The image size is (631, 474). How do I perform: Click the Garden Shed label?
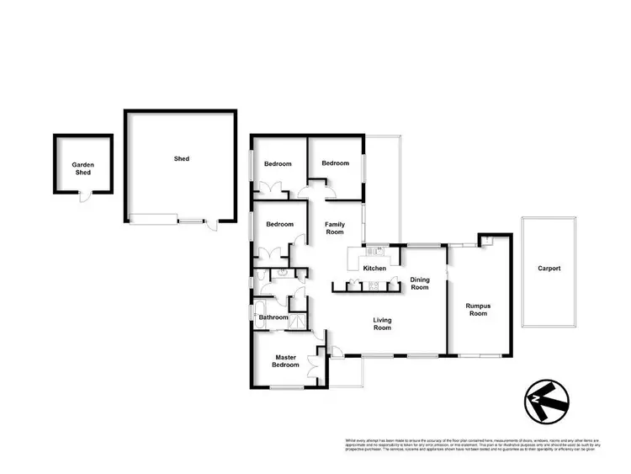[82, 169]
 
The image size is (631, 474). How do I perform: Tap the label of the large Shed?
[181, 158]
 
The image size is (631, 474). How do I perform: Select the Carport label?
[549, 269]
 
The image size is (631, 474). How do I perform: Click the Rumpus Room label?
[477, 310]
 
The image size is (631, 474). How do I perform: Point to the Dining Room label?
[419, 284]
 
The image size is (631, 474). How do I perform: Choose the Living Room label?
[383, 323]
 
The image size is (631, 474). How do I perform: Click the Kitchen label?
[374, 269]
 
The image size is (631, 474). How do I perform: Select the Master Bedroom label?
[285, 361]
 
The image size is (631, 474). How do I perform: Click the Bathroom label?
[273, 317]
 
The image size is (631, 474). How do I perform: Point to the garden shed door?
[82, 197]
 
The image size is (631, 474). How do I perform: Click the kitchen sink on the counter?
[372, 250]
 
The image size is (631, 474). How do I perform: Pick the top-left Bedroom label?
[278, 163]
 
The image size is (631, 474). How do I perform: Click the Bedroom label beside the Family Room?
[279, 224]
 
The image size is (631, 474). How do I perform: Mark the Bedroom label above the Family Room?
[335, 162]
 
